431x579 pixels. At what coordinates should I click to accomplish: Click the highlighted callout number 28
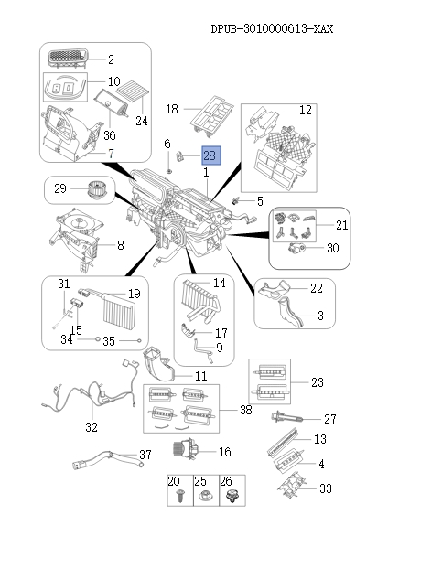pos(210,156)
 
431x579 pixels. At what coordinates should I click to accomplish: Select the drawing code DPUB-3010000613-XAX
pos(272,29)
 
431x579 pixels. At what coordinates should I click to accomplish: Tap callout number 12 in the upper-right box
pos(306,111)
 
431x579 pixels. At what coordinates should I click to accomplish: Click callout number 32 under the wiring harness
pos(91,426)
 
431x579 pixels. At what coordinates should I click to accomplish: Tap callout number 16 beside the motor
pos(224,452)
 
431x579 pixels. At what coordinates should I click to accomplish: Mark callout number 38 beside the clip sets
pos(245,411)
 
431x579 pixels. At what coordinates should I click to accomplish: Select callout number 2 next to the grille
pos(111,60)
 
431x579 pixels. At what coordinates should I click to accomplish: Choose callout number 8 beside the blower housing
pos(120,245)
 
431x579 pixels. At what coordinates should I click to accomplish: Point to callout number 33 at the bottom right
pos(325,489)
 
